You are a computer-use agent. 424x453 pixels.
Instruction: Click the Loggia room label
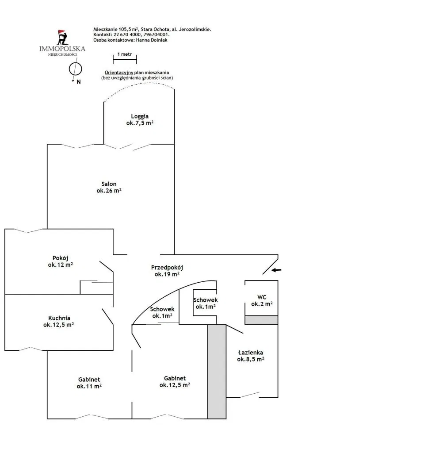tap(140, 116)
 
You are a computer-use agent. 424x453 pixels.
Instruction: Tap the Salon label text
tap(109, 184)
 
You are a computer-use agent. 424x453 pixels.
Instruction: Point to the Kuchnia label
tap(59, 318)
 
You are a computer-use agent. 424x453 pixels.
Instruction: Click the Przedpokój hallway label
tap(167, 268)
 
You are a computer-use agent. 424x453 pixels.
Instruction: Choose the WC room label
tap(262, 297)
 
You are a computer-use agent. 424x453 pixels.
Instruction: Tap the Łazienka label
tap(251, 353)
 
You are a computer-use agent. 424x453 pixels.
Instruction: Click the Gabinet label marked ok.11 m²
tap(89, 380)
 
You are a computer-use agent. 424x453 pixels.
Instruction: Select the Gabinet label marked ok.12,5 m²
tap(175, 378)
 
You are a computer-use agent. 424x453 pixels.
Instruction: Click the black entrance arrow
tap(276, 270)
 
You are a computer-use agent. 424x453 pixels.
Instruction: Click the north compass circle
tap(75, 69)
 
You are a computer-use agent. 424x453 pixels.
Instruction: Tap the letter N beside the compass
tap(78, 82)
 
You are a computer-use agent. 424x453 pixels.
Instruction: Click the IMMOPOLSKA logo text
tap(62, 49)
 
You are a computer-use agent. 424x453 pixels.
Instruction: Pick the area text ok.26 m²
tap(109, 191)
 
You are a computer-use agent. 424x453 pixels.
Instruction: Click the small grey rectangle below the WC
tap(261, 320)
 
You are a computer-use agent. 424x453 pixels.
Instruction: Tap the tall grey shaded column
tap(217, 371)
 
